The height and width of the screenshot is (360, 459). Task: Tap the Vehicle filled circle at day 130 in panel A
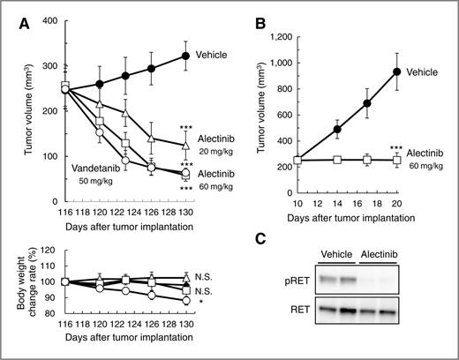tap(184, 56)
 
